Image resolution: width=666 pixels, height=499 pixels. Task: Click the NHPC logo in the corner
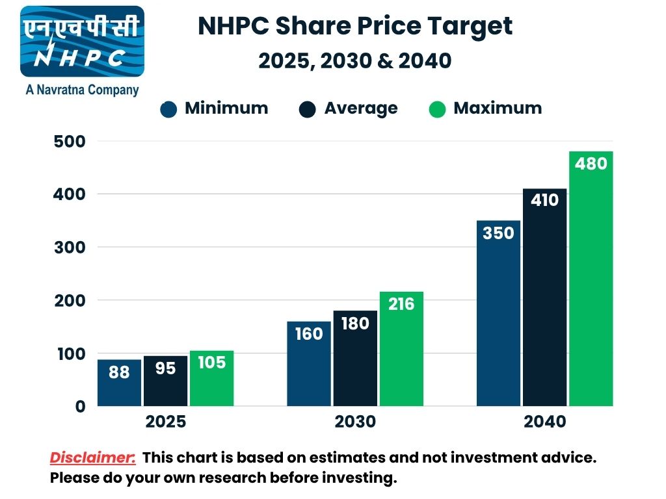[x=82, y=42]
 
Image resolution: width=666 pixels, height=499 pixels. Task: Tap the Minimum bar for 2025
[x=119, y=383]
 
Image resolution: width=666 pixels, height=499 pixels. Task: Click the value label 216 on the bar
[x=401, y=303]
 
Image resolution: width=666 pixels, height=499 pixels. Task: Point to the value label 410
[x=544, y=200]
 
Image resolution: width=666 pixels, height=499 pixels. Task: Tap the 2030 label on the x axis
[x=355, y=422]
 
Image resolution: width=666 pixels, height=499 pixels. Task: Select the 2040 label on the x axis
[x=545, y=422]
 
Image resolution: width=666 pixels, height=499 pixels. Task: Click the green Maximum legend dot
[x=438, y=109]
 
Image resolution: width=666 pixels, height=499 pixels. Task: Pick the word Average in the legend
[x=361, y=108]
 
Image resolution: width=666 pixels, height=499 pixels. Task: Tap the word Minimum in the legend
[x=226, y=108]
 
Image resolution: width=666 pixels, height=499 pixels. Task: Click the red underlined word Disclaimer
[x=93, y=457]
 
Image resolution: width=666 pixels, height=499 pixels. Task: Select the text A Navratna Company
[x=82, y=90]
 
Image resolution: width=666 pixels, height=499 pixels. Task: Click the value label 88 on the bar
[x=119, y=372]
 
